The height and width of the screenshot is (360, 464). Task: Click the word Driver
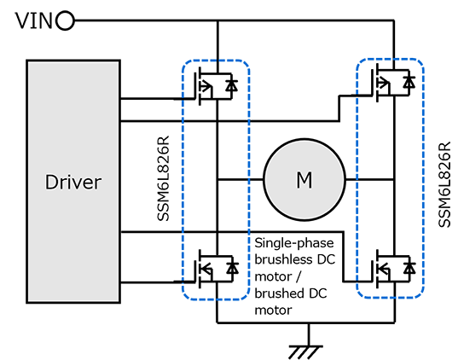click(x=72, y=182)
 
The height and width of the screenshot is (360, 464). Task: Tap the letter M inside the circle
click(x=304, y=180)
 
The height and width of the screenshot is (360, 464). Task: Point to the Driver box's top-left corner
click(x=28, y=62)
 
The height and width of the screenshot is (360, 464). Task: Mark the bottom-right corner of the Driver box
click(x=118, y=300)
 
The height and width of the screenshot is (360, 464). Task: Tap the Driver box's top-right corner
click(x=118, y=62)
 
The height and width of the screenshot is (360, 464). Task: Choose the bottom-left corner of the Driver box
click(x=28, y=300)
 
